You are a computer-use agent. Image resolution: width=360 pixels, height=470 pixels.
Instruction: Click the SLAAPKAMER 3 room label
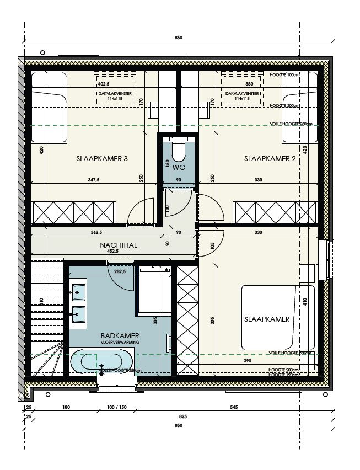click(102, 159)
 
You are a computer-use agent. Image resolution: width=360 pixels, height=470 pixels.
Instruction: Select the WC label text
click(178, 167)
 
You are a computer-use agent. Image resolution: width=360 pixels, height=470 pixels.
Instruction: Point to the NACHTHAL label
click(119, 245)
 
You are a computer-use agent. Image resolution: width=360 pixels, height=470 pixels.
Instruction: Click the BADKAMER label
click(120, 335)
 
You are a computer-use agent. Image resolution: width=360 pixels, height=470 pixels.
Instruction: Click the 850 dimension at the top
click(178, 38)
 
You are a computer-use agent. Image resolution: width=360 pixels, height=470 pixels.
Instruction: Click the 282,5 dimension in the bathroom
click(120, 271)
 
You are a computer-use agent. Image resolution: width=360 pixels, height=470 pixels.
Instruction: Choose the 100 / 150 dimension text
click(117, 407)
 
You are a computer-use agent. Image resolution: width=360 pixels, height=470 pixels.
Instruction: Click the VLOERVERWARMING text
click(119, 342)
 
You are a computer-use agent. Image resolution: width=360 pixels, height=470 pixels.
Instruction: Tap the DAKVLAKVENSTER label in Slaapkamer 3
click(115, 94)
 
